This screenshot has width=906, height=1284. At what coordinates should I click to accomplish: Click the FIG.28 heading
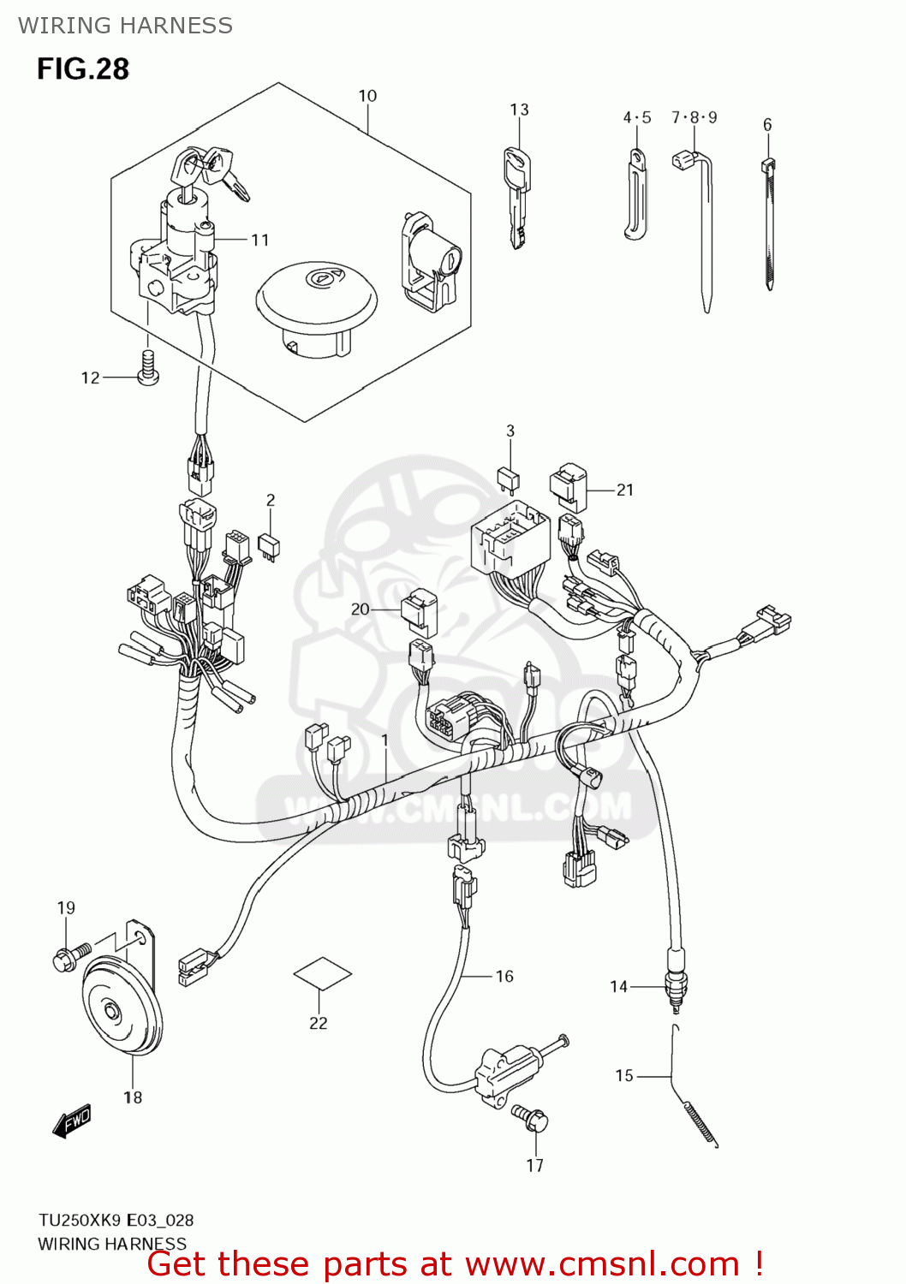pyautogui.click(x=82, y=68)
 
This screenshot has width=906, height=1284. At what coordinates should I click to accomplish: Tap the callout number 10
pyautogui.click(x=367, y=96)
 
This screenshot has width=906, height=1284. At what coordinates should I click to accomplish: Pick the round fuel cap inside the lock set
pyautogui.click(x=316, y=300)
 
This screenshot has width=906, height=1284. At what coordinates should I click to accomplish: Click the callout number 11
pyautogui.click(x=260, y=240)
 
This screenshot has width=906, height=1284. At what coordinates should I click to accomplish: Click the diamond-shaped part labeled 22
pyautogui.click(x=322, y=973)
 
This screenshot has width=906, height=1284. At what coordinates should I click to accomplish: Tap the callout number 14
pyautogui.click(x=618, y=987)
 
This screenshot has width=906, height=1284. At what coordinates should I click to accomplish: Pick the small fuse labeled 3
pyautogui.click(x=508, y=479)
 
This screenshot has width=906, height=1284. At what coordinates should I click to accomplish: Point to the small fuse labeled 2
pyautogui.click(x=271, y=546)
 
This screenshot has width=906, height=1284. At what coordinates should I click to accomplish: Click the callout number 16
pyautogui.click(x=504, y=976)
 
